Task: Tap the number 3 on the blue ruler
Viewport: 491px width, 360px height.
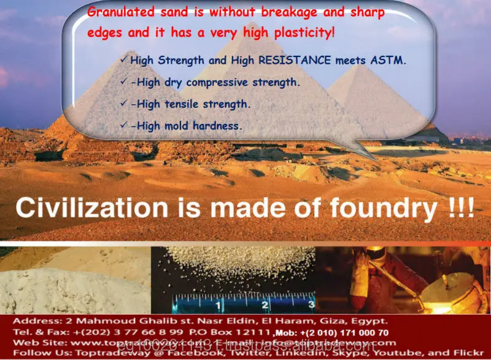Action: (311, 304)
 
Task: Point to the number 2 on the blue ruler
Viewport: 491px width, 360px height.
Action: (264, 304)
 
